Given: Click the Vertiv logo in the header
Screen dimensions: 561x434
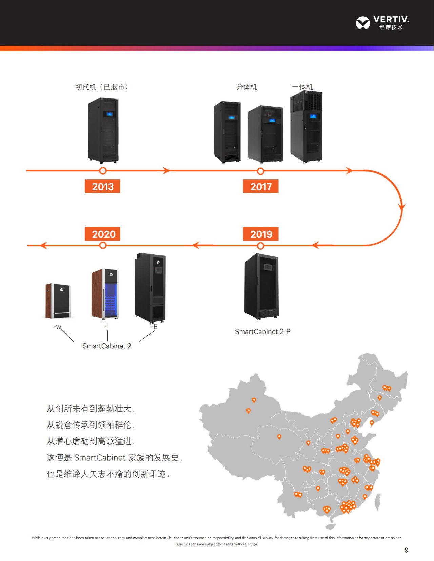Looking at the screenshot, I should pos(382,23).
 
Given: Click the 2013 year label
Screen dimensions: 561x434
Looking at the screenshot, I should pos(102,186).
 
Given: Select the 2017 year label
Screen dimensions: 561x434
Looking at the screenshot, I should pos(261,186).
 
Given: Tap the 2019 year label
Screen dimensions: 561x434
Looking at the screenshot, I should pos(261,234).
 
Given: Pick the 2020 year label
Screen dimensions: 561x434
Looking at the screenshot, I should pos(103,234).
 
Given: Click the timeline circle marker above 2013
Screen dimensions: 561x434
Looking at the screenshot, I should pos(103,171).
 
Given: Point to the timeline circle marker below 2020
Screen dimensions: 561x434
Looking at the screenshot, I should pos(103,245).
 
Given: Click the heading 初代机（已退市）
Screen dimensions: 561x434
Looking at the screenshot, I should pos(101,87).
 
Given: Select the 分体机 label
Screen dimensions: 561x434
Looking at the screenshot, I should pos(246,87).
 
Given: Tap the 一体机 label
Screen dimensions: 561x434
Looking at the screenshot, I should pos(302,87).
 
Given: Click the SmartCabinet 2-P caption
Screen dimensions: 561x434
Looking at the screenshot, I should pos(262,332).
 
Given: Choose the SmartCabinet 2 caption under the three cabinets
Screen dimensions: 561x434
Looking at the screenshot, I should pos(106,346).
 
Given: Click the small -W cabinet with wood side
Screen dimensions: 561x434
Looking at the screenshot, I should pos(58,301).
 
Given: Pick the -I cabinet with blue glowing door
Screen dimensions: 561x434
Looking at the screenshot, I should pos(105,294).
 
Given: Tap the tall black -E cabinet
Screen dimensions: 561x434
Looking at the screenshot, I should pos(150,288).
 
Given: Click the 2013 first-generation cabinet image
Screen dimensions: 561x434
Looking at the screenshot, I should pos(103,130).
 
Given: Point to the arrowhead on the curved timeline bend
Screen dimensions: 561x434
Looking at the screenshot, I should pos(402,207).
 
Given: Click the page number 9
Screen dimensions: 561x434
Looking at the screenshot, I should pos(406,550).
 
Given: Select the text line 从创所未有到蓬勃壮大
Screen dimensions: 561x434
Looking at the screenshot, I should pos(91,409).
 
